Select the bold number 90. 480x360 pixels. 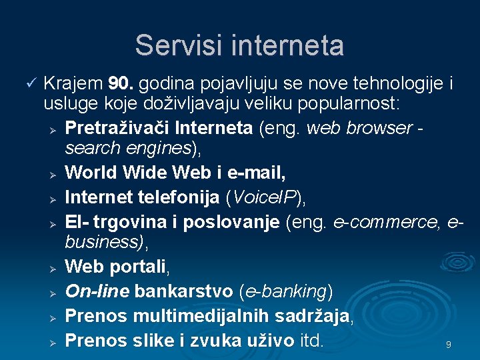click(x=122, y=84)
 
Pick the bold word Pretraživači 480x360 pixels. click(x=114, y=127)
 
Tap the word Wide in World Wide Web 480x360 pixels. click(x=146, y=173)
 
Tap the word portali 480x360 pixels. click(x=137, y=267)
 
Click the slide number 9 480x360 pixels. click(x=449, y=345)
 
